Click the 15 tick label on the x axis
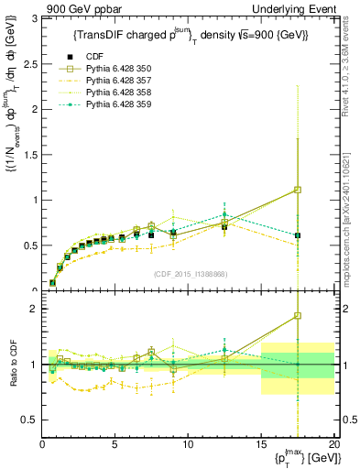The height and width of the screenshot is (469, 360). click(x=260, y=444)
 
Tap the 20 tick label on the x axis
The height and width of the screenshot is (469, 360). click(x=333, y=444)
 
